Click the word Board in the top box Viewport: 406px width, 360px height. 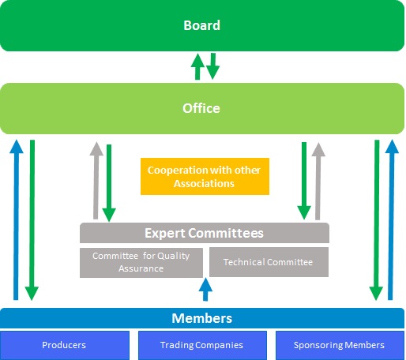click(201, 25)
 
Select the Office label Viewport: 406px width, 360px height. click(201, 108)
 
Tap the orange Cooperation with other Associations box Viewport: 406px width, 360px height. click(205, 176)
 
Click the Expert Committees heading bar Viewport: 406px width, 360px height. click(205, 233)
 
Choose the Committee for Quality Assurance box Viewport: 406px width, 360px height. click(141, 262)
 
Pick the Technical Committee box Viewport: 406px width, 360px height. click(269, 262)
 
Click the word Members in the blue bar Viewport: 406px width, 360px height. click(201, 318)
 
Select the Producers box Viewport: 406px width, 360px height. click(65, 345)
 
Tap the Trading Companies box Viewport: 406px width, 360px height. click(202, 345)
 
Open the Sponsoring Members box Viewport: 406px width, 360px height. click(340, 345)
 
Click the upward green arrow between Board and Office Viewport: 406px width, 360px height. click(197, 66)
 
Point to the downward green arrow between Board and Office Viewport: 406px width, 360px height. click(212, 66)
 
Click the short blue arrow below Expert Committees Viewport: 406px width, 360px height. click(205, 290)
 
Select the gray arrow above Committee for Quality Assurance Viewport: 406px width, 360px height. click(96, 181)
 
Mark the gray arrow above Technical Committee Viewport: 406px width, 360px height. click(318, 182)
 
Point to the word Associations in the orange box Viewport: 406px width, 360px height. click(204, 184)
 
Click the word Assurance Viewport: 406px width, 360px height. click(141, 268)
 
